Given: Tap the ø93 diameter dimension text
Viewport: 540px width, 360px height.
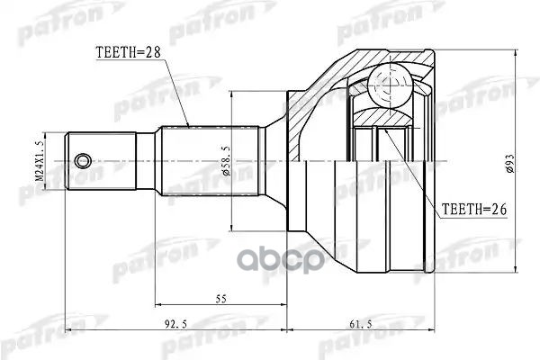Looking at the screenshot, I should tap(509, 161).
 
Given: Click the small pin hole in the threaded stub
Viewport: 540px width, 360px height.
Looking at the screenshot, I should tap(83, 161).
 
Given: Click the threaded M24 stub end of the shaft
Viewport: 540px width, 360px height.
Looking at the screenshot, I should tap(90, 161).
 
